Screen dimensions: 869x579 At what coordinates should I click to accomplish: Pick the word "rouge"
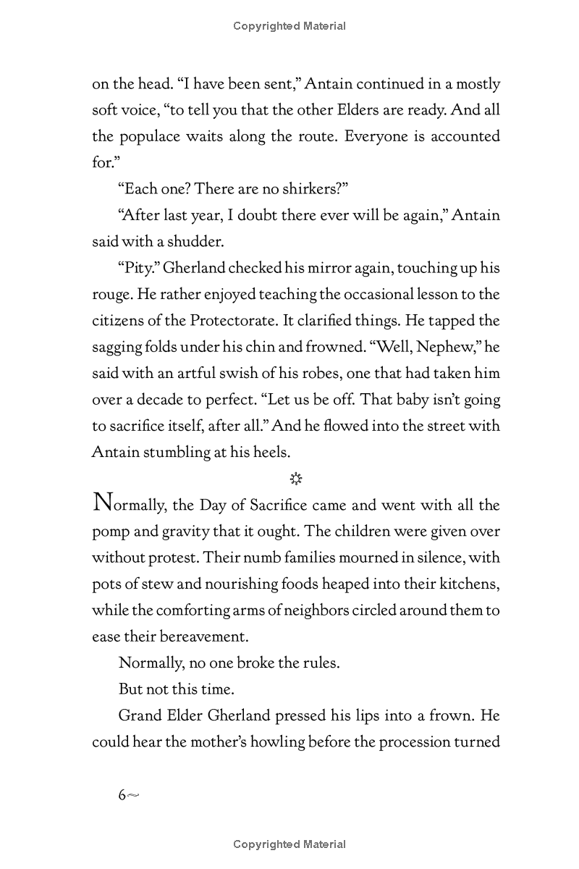110,295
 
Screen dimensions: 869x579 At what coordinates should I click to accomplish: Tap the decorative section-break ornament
295,479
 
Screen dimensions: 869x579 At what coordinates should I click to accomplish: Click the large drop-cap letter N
103,502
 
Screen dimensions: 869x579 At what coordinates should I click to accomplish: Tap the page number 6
122,795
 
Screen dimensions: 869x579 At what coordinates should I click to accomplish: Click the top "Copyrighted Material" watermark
289,26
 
